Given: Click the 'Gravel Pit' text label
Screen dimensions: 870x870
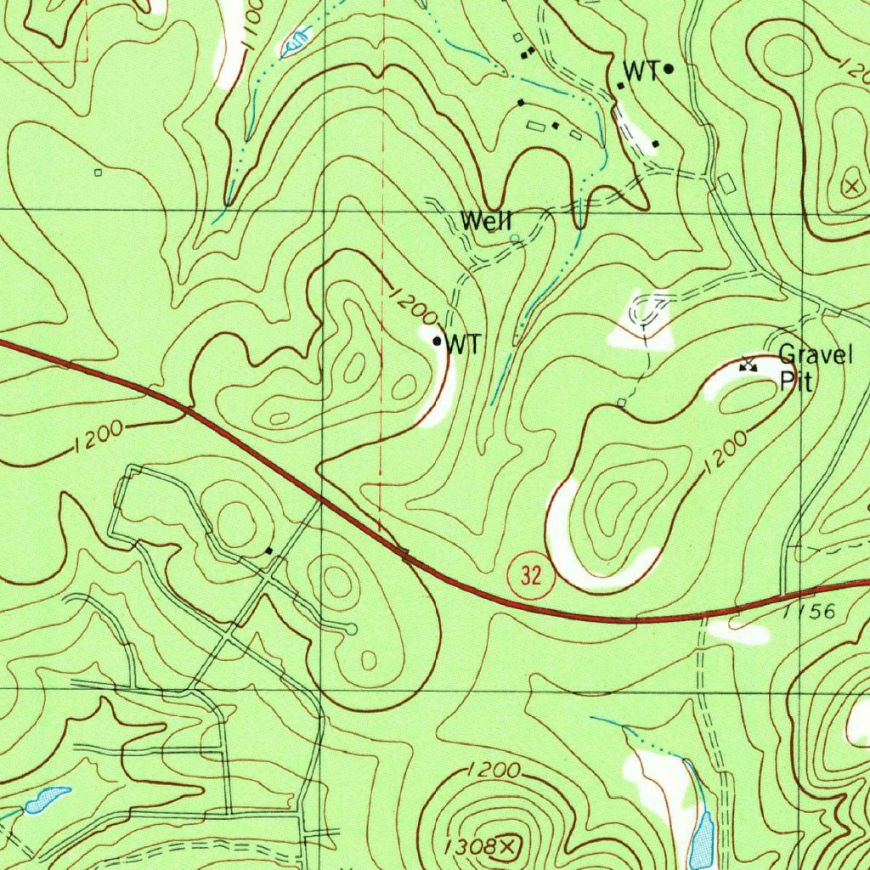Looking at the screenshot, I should pyautogui.click(x=814, y=367).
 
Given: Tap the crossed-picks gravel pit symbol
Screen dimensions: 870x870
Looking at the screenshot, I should pyautogui.click(x=748, y=364).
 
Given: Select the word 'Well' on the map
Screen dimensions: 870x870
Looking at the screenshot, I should pyautogui.click(x=486, y=221).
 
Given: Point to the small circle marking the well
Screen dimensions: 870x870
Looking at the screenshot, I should pyautogui.click(x=514, y=239).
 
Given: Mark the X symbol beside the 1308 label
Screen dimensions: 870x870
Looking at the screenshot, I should pyautogui.click(x=508, y=845).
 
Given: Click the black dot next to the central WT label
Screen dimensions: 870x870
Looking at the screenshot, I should pyautogui.click(x=438, y=342).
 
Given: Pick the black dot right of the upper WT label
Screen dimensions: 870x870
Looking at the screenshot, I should pyautogui.click(x=669, y=69).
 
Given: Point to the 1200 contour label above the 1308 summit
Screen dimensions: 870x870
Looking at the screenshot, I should pyautogui.click(x=493, y=771).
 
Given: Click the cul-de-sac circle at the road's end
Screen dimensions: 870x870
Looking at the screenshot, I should pyautogui.click(x=352, y=628).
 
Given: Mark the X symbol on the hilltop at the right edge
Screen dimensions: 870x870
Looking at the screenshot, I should pyautogui.click(x=851, y=186).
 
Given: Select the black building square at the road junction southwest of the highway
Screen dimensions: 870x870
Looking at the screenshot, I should pyautogui.click(x=270, y=551).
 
